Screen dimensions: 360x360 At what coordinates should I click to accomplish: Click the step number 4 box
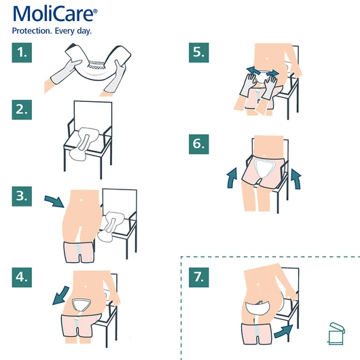24,278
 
